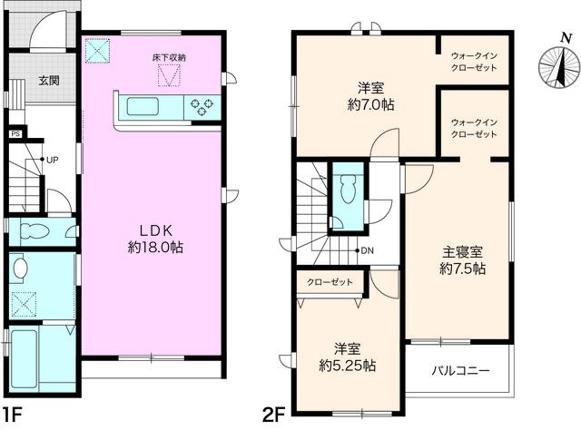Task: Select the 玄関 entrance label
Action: click(48, 81)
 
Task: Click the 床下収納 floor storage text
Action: click(169, 58)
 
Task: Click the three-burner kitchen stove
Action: click(203, 107)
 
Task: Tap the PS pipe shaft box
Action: click(15, 134)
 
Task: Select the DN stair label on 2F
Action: click(367, 250)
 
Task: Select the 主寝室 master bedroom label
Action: click(463, 260)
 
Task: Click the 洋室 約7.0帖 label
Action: click(369, 96)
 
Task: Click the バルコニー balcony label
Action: click(459, 371)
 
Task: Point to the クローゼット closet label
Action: click(330, 282)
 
